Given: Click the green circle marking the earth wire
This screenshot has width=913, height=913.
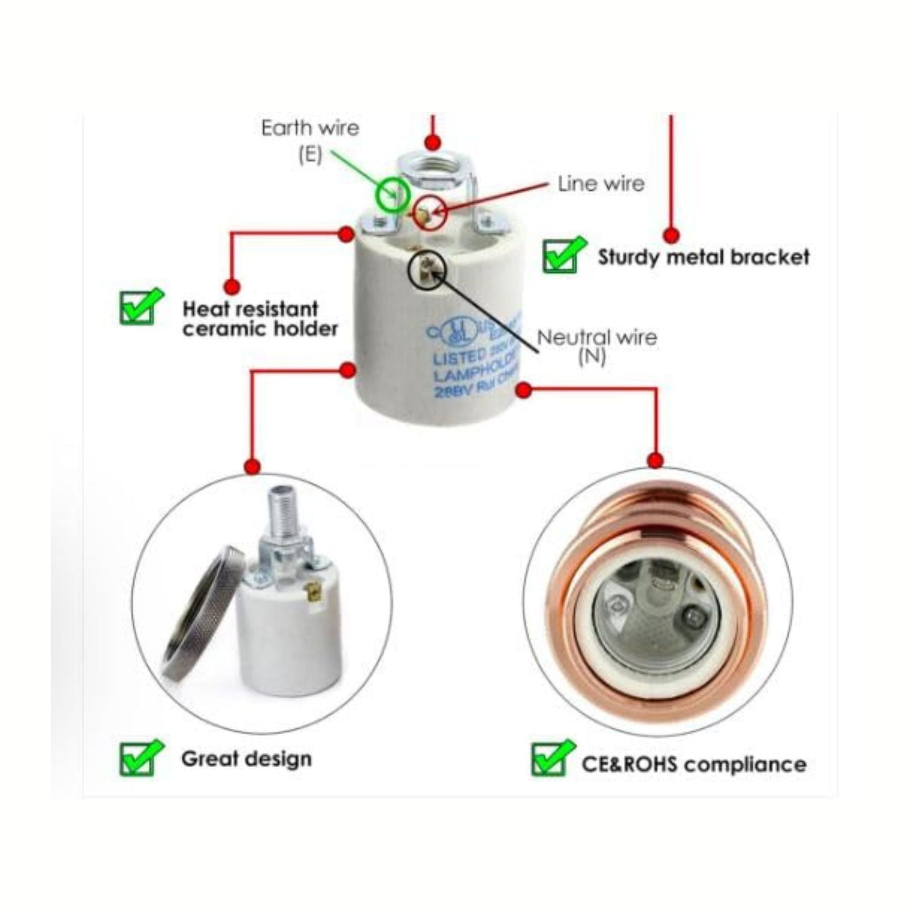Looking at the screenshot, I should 391,194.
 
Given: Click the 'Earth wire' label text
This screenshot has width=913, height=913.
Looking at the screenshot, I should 310,129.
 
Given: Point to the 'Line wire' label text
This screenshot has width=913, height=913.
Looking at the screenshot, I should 601,183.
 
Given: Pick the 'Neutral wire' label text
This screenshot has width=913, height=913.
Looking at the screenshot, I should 597,337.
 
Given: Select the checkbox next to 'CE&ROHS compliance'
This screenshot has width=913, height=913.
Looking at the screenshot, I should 550,760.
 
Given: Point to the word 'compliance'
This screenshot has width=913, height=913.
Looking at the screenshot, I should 745,764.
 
